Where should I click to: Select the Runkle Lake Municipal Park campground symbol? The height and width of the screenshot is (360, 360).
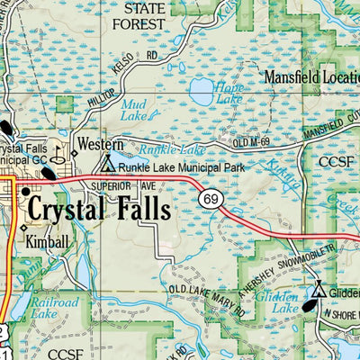click(x=108, y=165)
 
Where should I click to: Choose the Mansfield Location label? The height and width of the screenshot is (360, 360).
click(x=310, y=77)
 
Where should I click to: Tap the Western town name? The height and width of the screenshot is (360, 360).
click(x=100, y=143)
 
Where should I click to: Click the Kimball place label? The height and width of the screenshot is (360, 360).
click(x=48, y=242)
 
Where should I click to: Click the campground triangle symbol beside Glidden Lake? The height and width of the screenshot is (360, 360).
click(x=319, y=290)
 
